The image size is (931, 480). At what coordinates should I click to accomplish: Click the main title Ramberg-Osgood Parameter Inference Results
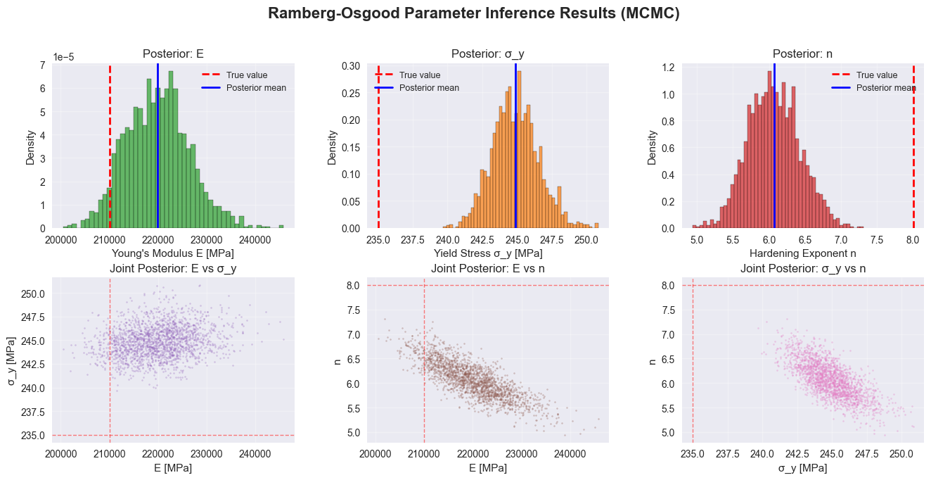point(465,13)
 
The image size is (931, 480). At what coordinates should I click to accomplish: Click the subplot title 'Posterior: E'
point(173,54)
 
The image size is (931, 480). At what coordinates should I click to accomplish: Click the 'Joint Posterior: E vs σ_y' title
point(173,268)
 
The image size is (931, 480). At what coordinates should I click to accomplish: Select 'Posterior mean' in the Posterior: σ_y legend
point(429,88)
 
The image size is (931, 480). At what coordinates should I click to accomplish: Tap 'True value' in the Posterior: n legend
point(876,75)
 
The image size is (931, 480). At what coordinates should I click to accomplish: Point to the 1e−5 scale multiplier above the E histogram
point(67,57)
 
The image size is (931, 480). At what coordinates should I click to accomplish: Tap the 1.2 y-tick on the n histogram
point(669,68)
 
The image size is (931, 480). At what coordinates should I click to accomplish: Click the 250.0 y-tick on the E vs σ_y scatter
point(33,293)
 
